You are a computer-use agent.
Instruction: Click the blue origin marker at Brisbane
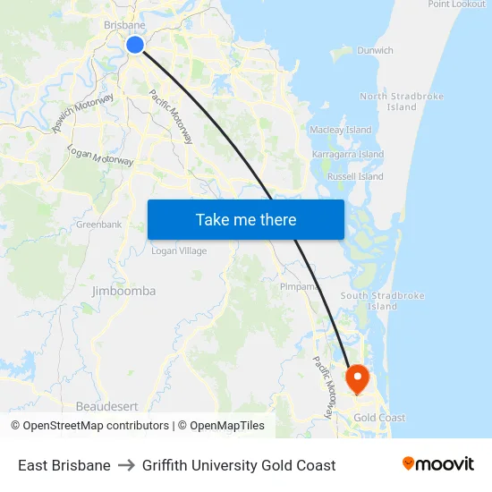click(135, 44)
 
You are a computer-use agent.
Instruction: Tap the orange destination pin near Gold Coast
click(357, 377)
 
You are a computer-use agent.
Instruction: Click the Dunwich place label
click(375, 51)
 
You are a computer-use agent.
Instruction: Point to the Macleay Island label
click(340, 130)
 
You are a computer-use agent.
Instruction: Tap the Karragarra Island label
click(347, 154)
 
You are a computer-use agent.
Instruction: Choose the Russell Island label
click(355, 176)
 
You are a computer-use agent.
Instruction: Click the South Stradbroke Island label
click(382, 301)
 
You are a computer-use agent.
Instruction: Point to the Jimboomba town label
click(123, 291)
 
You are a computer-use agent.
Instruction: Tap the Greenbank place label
click(98, 225)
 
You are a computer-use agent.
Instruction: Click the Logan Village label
click(179, 251)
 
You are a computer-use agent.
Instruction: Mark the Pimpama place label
click(299, 287)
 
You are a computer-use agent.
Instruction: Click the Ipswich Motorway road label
click(82, 114)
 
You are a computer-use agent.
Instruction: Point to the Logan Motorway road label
click(100, 155)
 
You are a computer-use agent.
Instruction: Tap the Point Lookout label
click(456, 4)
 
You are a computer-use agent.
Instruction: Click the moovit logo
click(437, 464)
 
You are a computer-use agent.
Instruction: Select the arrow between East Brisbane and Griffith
click(126, 465)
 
